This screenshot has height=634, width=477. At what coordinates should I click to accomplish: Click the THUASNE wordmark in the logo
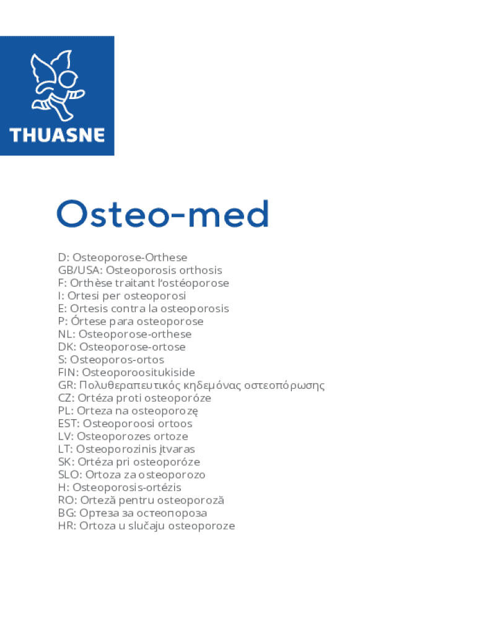[56, 134]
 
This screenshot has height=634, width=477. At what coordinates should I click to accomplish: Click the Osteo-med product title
[163, 214]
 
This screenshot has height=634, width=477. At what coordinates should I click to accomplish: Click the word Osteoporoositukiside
[139, 373]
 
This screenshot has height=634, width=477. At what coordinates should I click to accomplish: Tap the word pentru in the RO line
[136, 500]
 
